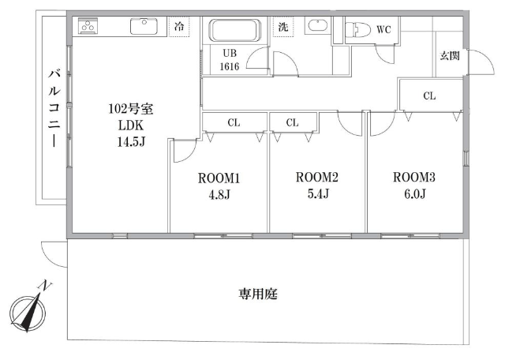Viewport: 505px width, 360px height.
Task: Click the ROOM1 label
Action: click(x=219, y=178)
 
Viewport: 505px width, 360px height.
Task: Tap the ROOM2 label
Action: click(x=317, y=177)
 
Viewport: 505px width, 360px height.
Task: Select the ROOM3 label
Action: click(x=413, y=177)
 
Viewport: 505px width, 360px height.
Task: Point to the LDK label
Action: click(x=131, y=125)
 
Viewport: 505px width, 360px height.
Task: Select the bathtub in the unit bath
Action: click(x=235, y=31)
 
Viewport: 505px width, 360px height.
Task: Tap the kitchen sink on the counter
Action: click(x=144, y=26)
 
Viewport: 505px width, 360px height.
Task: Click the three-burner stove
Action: click(x=88, y=26)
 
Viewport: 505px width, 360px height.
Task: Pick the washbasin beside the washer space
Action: click(x=317, y=25)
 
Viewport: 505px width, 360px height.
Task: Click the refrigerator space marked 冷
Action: click(x=179, y=26)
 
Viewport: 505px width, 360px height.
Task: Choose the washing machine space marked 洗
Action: click(x=283, y=26)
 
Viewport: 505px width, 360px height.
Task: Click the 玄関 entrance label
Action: click(x=450, y=56)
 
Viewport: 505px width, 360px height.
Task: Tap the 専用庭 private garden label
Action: click(x=258, y=294)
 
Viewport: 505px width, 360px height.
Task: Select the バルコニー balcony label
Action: click(x=54, y=107)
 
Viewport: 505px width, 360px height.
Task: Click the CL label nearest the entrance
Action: click(x=429, y=96)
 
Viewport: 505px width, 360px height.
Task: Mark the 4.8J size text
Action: click(x=219, y=195)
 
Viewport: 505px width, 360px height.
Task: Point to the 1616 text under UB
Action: click(x=230, y=66)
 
